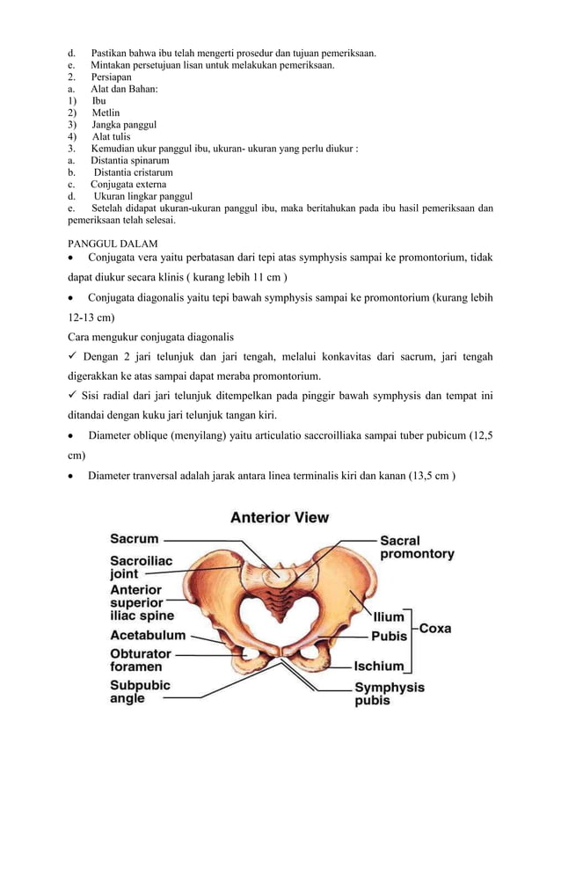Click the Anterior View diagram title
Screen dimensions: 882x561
(280, 518)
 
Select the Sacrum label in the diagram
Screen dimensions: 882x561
(134, 538)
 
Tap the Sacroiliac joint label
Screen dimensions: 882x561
(141, 566)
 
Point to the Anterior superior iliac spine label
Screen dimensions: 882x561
(142, 603)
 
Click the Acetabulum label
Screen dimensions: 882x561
(148, 635)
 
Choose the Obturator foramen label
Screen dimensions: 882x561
(141, 660)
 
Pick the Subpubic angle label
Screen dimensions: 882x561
(140, 691)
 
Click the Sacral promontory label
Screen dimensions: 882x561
(416, 547)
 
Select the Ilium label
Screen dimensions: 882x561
(390, 617)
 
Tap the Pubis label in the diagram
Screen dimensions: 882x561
(389, 636)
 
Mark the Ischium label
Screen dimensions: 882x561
(379, 667)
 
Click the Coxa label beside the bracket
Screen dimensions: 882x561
(435, 629)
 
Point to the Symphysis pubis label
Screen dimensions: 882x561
(389, 694)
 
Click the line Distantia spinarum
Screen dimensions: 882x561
(129, 161)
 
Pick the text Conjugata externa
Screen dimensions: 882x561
(127, 185)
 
